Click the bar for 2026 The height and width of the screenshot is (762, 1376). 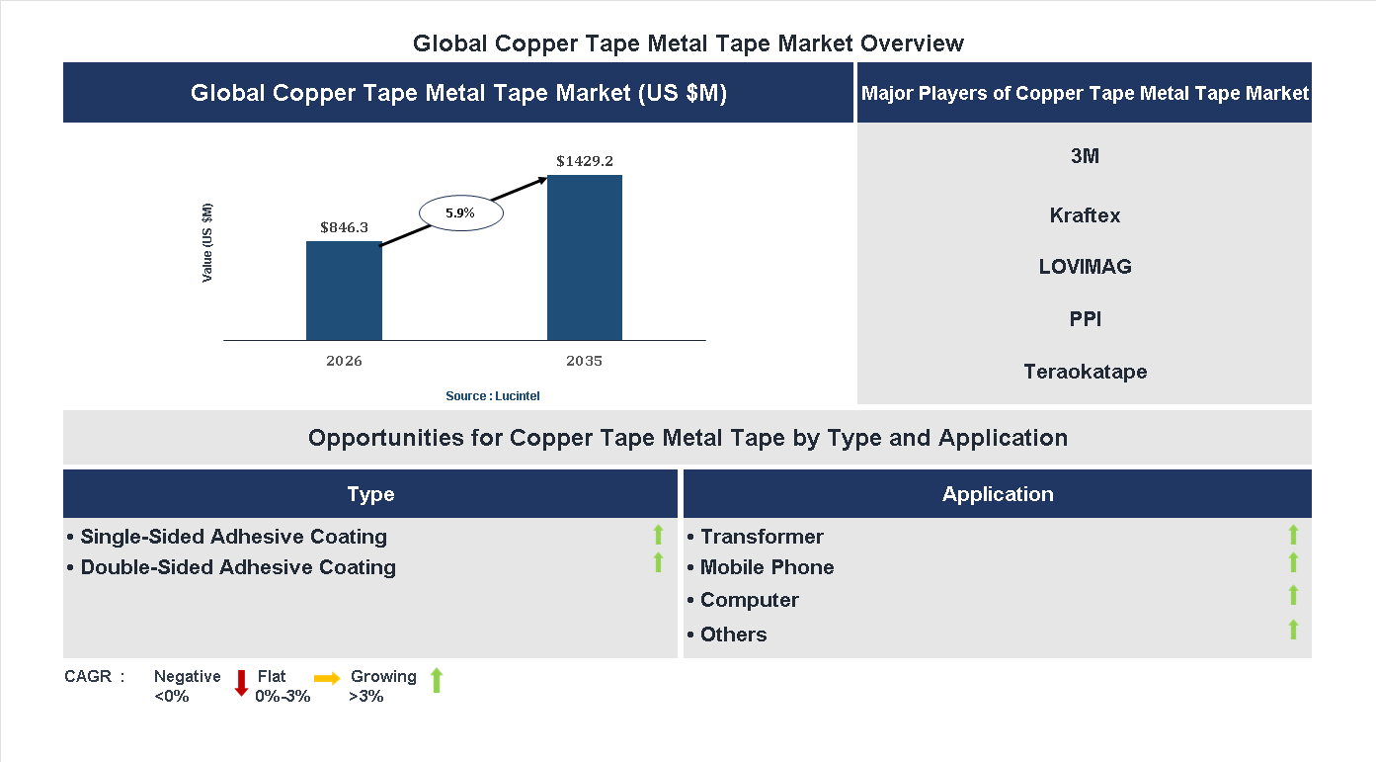pyautogui.click(x=344, y=291)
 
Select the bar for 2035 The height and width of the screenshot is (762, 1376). pyautogui.click(x=585, y=258)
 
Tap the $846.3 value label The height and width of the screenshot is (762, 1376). pyautogui.click(x=344, y=227)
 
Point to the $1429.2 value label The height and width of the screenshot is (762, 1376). pyautogui.click(x=585, y=160)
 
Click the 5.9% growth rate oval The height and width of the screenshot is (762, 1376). pyautogui.click(x=461, y=212)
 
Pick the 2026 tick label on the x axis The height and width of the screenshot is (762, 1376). pyautogui.click(x=344, y=361)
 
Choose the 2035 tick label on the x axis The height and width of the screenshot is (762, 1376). pyautogui.click(x=585, y=361)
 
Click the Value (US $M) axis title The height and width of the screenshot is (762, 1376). pyautogui.click(x=207, y=243)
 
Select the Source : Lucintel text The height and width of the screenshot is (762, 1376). pyautogui.click(x=493, y=396)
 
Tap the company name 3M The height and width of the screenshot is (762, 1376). pyautogui.click(x=1085, y=156)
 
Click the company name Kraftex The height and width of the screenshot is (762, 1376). pyautogui.click(x=1085, y=215)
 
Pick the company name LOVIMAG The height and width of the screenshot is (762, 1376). pyautogui.click(x=1085, y=267)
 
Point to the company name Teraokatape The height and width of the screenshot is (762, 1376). pyautogui.click(x=1085, y=372)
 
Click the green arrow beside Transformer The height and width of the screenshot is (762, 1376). pyautogui.click(x=1293, y=535)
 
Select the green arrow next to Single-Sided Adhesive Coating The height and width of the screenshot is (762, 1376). pyautogui.click(x=658, y=535)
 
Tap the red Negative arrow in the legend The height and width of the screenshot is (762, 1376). pyautogui.click(x=241, y=683)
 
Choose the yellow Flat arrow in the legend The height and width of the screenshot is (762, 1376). pyautogui.click(x=327, y=678)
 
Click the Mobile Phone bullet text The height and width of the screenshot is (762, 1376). pyautogui.click(x=767, y=567)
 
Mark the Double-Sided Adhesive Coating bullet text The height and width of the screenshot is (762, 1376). pyautogui.click(x=237, y=567)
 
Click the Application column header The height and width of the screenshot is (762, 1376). pyautogui.click(x=998, y=494)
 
